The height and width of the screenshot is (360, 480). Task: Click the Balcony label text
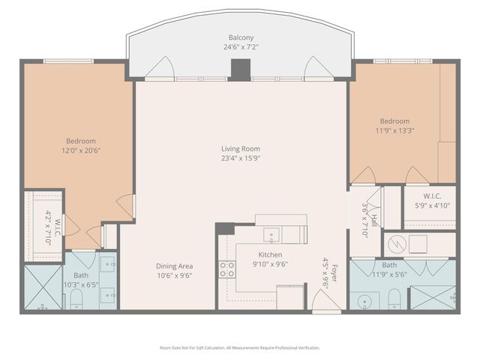click(240, 37)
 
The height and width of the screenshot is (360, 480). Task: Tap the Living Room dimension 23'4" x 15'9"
click(240, 158)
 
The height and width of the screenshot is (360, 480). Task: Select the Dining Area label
click(175, 266)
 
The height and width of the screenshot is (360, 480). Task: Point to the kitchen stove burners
click(226, 269)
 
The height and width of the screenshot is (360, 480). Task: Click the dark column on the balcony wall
click(240, 69)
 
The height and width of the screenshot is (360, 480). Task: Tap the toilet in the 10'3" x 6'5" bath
click(76, 299)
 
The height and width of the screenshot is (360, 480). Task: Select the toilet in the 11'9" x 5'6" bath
click(394, 300)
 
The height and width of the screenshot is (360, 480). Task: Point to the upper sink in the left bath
click(108, 263)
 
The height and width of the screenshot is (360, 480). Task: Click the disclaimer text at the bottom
click(240, 348)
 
